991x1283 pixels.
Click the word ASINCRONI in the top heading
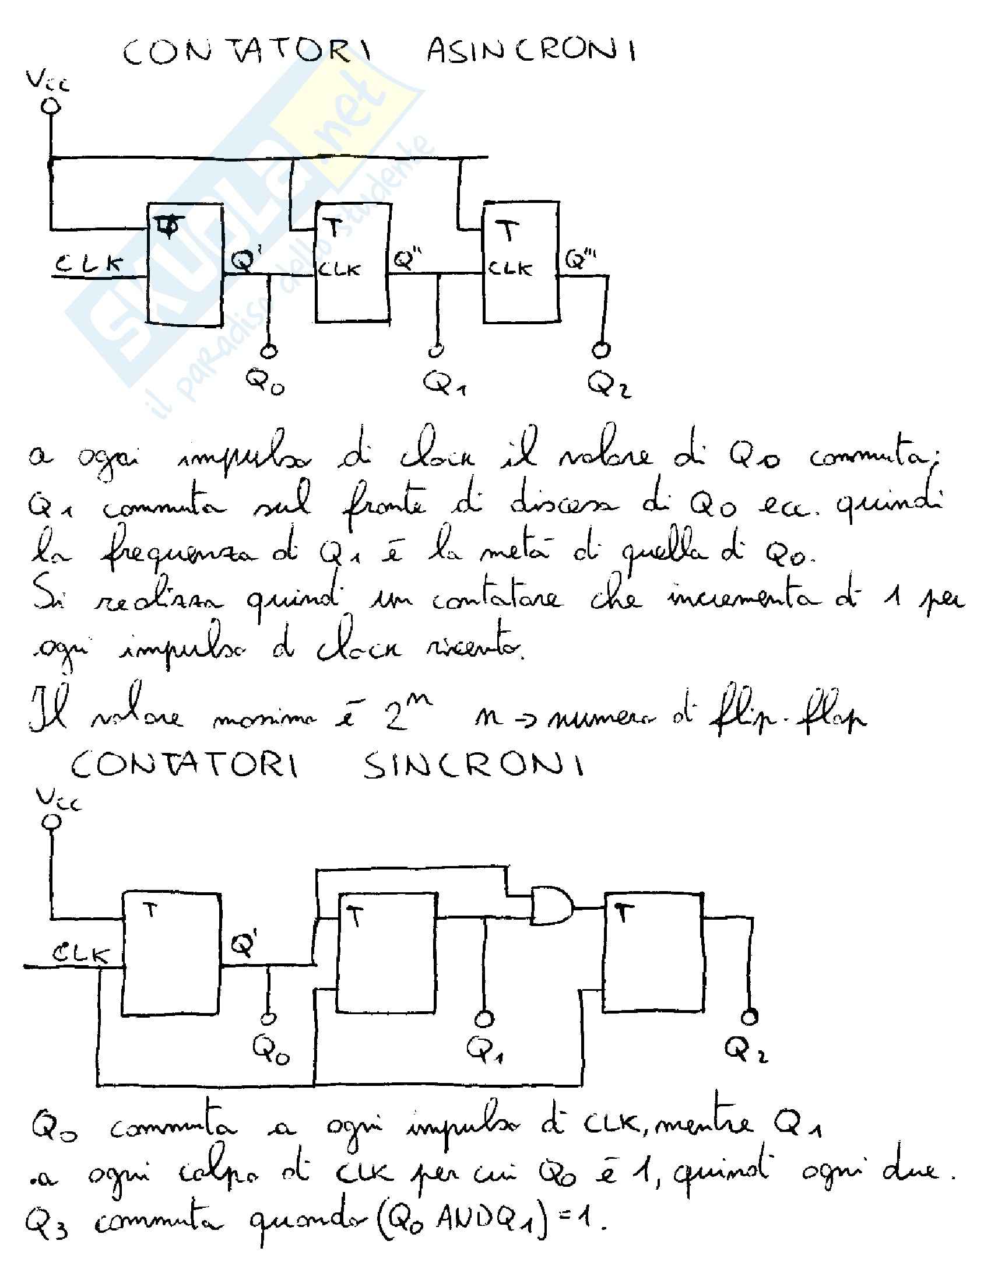point(531,52)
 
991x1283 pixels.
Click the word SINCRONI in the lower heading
point(473,766)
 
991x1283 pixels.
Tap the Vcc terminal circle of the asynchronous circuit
point(51,106)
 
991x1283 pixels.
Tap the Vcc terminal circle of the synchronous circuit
point(52,821)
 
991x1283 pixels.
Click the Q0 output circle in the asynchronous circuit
point(269,351)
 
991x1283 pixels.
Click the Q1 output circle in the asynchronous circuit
point(435,350)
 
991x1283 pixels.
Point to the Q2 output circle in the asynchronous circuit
point(600,350)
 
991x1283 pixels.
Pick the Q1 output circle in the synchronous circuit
point(484,1018)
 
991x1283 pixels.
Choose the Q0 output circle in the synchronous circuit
point(269,1018)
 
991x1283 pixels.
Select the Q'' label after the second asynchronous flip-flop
point(407,259)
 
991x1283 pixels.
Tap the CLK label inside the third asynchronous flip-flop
point(509,269)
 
